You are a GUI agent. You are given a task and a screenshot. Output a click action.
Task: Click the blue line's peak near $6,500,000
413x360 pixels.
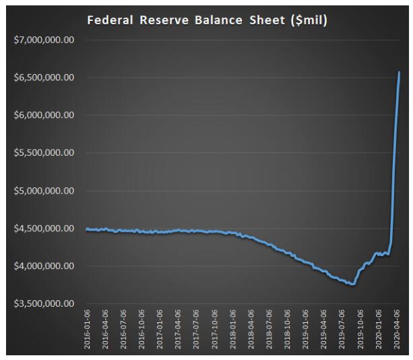400,72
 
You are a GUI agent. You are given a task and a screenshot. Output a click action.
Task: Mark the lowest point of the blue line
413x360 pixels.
350,284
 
